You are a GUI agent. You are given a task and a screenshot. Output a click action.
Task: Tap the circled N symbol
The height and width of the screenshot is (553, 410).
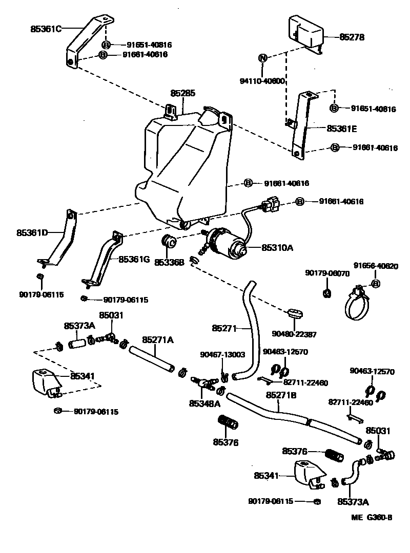click(262, 58)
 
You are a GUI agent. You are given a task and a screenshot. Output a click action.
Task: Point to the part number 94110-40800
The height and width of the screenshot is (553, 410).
click(262, 81)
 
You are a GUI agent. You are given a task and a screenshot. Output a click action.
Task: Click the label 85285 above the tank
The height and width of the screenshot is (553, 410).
click(182, 94)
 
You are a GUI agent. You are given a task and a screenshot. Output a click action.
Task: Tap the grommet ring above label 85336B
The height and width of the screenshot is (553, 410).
click(169, 241)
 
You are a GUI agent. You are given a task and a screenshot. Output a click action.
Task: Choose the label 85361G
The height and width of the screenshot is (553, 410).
click(134, 259)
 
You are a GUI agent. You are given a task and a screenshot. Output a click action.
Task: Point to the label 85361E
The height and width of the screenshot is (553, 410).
click(341, 129)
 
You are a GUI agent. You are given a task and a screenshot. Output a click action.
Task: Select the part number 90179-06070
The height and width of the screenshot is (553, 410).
click(327, 273)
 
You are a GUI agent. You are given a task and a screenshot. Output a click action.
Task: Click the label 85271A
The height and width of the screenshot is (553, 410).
click(158, 339)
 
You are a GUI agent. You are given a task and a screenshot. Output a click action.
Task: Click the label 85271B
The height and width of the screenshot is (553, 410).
click(282, 395)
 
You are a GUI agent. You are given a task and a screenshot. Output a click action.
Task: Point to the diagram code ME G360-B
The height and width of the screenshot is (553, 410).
click(372, 518)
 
